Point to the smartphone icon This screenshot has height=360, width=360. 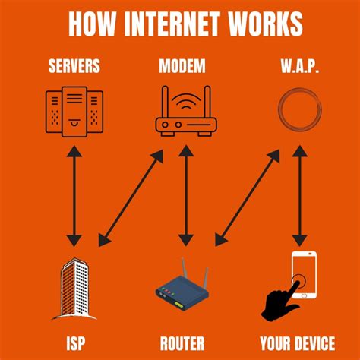point(304,273)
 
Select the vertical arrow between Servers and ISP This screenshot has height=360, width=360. point(74,197)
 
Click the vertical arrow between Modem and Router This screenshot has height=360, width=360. point(182,197)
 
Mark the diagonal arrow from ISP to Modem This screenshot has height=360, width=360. point(131,197)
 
